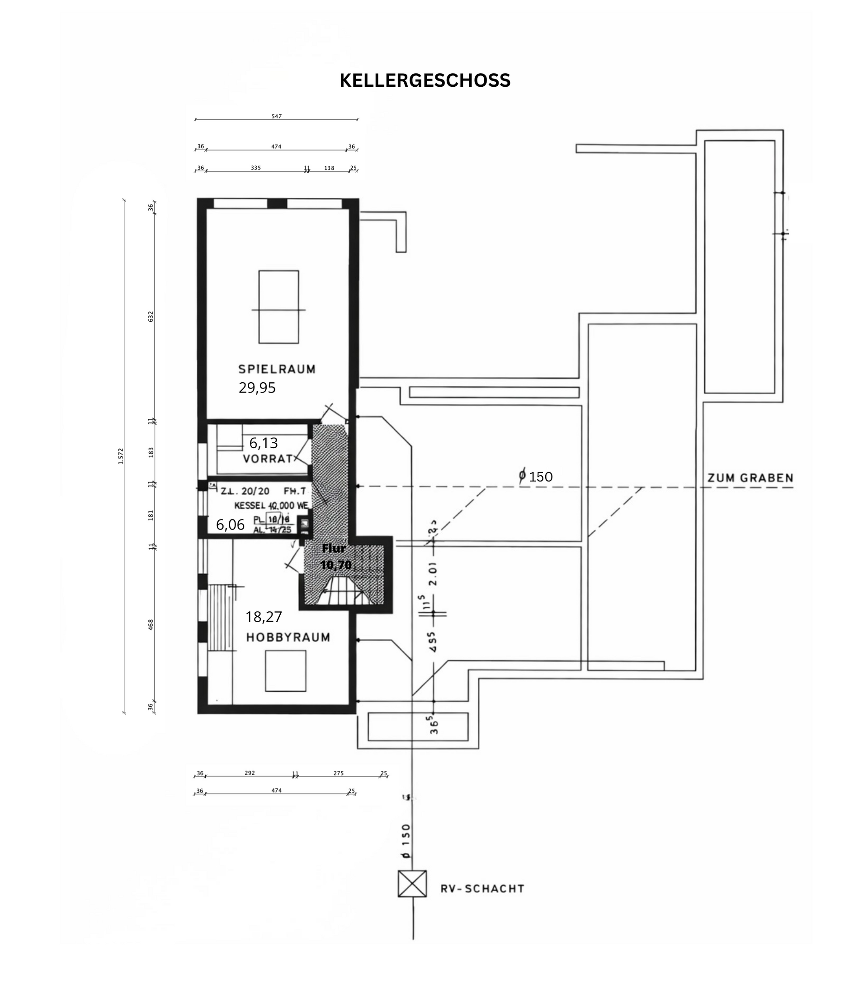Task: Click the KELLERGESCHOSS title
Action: (425, 80)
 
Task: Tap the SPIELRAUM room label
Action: (277, 369)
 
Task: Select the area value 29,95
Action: (257, 388)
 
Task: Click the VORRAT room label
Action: (268, 459)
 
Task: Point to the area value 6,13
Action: (264, 443)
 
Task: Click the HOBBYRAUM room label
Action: (288, 637)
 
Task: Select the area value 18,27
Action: (264, 617)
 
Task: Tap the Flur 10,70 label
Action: (335, 557)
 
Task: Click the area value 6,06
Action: (230, 525)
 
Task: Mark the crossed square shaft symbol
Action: (412, 883)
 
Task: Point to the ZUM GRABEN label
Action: (750, 478)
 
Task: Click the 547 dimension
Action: (277, 117)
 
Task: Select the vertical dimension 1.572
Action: (121, 456)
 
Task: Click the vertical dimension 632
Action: (151, 316)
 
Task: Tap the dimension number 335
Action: (256, 168)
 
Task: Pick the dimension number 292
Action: (250, 773)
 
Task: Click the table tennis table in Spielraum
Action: (278, 307)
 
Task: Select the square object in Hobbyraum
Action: (285, 670)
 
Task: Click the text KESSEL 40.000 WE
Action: (271, 506)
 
